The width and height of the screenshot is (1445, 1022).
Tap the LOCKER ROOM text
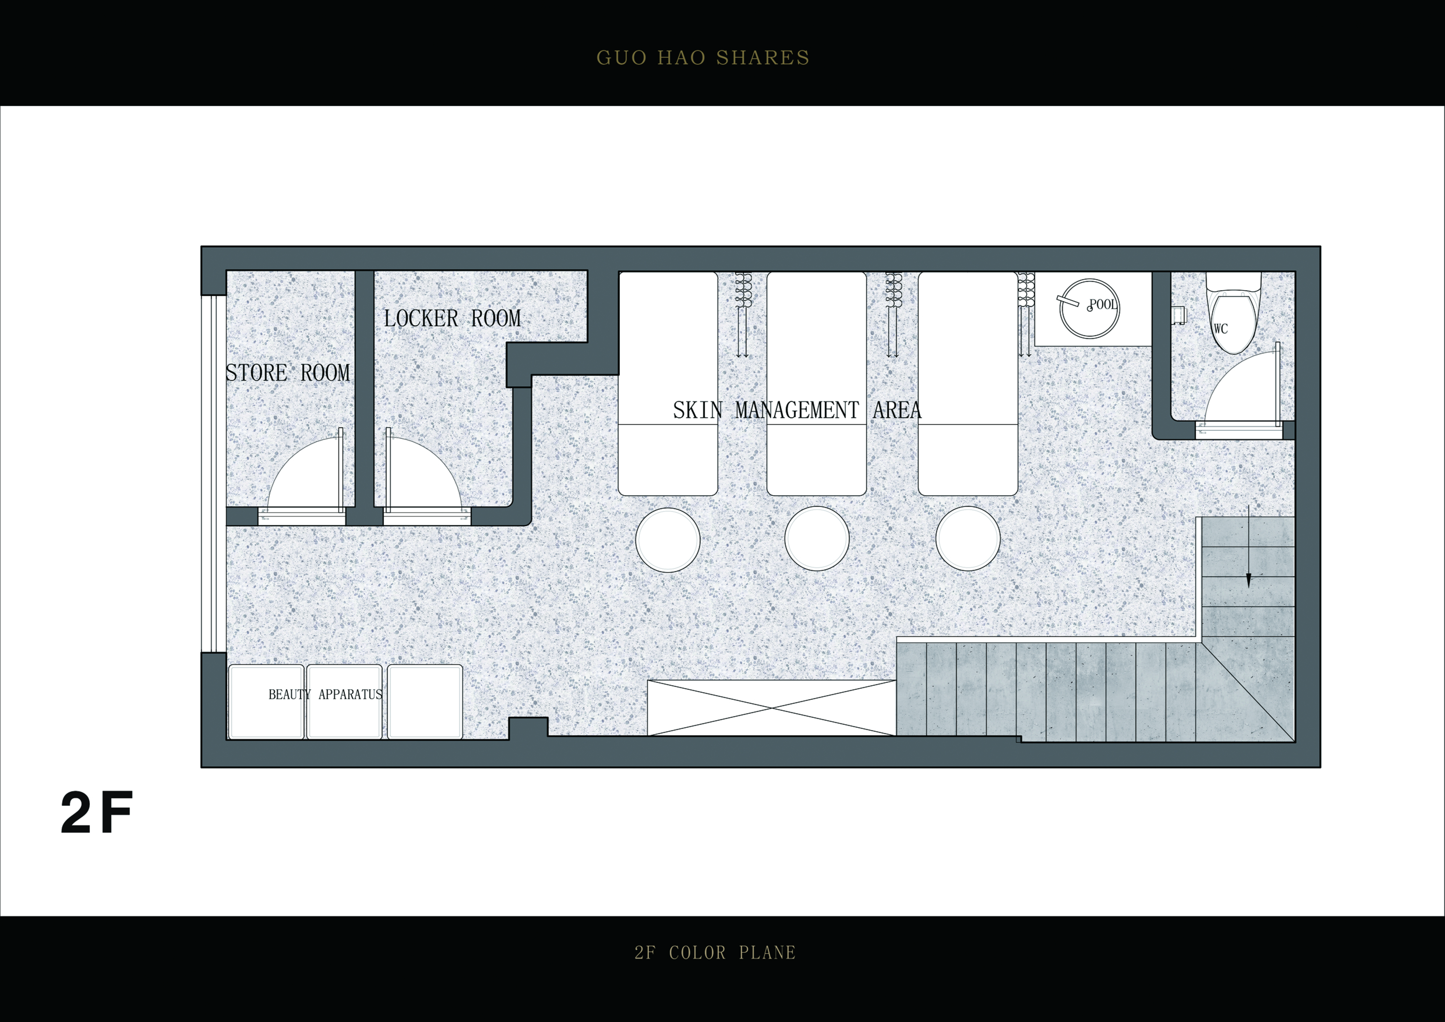453,318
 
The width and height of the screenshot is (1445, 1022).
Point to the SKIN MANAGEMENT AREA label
797,410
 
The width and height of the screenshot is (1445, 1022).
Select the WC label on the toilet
1220,329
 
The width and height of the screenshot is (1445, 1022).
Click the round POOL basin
1089,306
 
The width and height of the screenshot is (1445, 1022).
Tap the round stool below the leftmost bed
668,540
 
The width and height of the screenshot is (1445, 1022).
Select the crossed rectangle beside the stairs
772,708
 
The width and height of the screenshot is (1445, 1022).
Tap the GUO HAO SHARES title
703,58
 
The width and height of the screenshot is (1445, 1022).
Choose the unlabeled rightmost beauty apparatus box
425,702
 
